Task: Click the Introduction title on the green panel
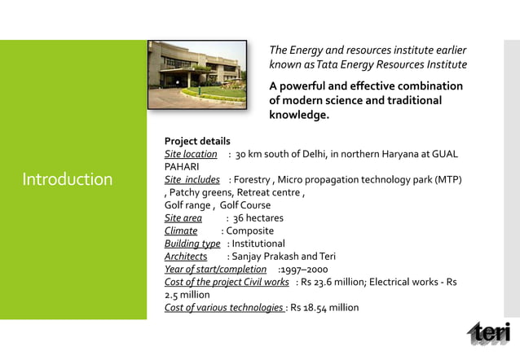coord(67,179)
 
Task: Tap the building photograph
coord(198,74)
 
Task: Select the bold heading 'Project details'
coord(197,141)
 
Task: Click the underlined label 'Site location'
coord(191,154)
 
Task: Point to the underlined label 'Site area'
coord(183,218)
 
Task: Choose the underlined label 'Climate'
coord(181,231)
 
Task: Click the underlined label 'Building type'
coord(192,244)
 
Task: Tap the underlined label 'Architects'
coord(186,257)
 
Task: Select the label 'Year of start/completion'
coord(215,270)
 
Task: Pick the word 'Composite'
coord(250,231)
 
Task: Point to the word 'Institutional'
coord(258,244)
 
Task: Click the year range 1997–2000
coord(304,270)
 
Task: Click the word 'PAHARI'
coord(183,166)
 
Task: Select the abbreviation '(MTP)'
coord(447,179)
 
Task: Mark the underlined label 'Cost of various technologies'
coord(224,308)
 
